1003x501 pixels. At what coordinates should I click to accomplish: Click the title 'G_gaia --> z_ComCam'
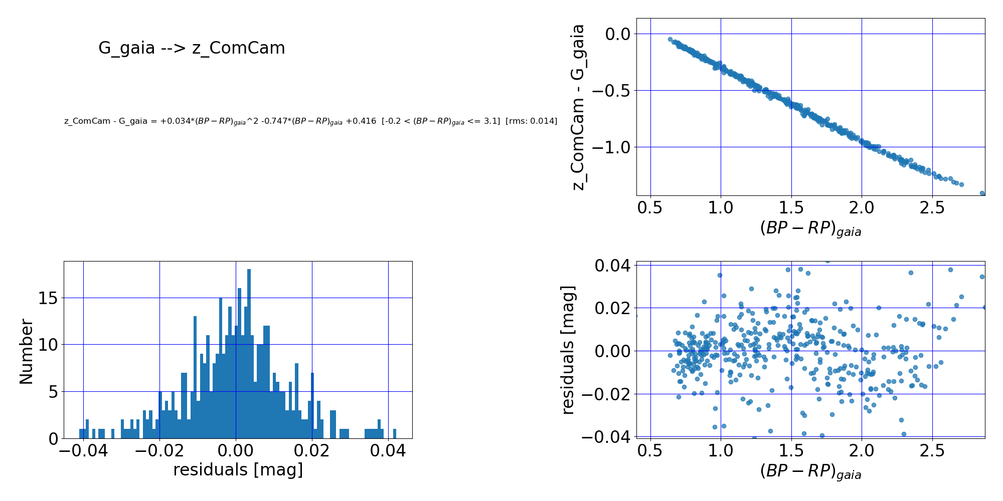click(x=192, y=48)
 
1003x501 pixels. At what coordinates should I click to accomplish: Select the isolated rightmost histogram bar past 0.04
click(x=395, y=433)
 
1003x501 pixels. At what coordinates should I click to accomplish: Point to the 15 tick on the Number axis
click(x=48, y=298)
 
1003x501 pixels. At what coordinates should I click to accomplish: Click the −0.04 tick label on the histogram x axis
click(x=83, y=450)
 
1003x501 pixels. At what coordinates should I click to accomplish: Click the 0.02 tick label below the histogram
click(x=312, y=450)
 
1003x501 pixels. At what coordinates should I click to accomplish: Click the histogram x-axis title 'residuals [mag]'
click(x=238, y=470)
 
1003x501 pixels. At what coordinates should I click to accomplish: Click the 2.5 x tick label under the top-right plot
click(x=932, y=207)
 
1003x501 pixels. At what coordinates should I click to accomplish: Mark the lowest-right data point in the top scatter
click(x=982, y=193)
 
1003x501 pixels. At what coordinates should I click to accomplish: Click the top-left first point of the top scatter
click(x=670, y=39)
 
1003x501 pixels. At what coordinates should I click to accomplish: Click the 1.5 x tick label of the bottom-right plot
click(x=791, y=450)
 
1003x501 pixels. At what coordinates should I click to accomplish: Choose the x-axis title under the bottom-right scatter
click(x=810, y=472)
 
